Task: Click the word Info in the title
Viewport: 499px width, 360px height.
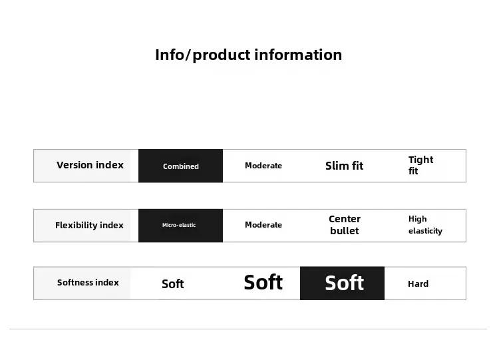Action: click(169, 55)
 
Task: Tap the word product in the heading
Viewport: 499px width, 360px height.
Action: click(222, 56)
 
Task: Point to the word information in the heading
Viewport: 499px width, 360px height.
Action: click(298, 55)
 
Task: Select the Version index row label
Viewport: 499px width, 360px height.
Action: click(90, 165)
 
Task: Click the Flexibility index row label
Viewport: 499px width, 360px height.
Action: click(89, 225)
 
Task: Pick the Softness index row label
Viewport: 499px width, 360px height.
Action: click(88, 282)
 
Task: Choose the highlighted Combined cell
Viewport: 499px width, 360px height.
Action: click(180, 166)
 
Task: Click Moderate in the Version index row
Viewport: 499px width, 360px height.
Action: click(263, 166)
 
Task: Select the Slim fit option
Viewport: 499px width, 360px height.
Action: click(344, 166)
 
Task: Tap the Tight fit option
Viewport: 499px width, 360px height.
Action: click(420, 165)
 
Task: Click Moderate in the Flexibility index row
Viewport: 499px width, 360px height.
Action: click(263, 225)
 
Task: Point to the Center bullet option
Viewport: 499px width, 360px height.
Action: click(345, 225)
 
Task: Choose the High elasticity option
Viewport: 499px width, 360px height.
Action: click(425, 225)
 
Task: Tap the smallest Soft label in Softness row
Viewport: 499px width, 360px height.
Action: click(172, 283)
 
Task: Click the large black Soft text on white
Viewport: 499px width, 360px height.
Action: click(263, 282)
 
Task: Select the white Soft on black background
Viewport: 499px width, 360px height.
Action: click(344, 283)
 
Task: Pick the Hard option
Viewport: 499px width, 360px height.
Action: click(418, 283)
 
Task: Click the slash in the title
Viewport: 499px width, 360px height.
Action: click(188, 55)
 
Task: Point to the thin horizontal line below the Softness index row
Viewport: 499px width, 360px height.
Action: click(248, 329)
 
